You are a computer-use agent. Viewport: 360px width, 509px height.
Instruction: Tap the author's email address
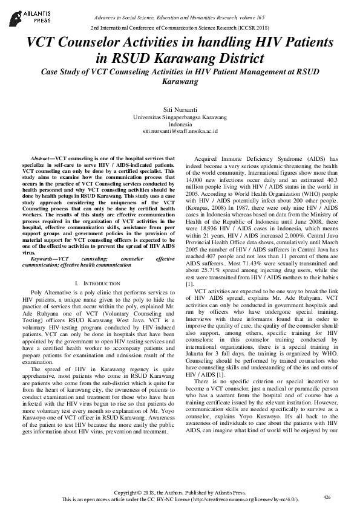pos(180,130)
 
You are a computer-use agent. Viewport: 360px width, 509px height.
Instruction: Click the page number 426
pos(327,496)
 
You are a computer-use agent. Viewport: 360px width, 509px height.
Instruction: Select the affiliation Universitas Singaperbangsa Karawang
pos(180,115)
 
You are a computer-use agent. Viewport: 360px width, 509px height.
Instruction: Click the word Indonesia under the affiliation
pos(180,123)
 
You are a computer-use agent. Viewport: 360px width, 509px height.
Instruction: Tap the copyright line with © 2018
pos(180,493)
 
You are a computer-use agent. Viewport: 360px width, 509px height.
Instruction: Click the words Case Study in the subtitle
pos(59,71)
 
